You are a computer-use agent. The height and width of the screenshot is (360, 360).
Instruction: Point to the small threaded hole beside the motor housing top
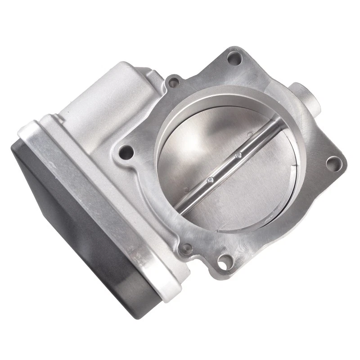point(171,83)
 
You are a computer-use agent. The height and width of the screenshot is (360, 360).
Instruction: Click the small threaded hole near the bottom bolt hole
point(184,248)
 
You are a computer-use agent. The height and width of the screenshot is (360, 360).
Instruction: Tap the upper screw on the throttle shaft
point(239,156)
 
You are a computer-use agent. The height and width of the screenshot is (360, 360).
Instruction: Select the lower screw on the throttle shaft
point(210,181)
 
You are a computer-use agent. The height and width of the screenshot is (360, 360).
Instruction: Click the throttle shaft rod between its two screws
point(224,168)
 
